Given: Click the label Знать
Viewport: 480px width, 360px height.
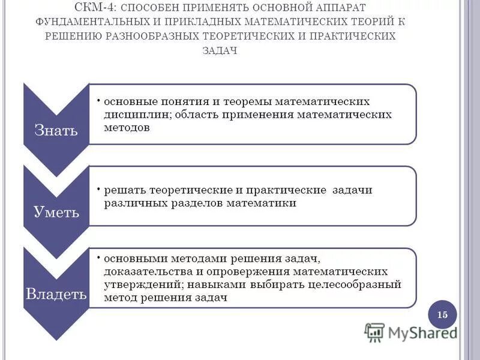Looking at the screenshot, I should [55, 130].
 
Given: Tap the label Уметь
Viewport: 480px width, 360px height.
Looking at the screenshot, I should [56, 212].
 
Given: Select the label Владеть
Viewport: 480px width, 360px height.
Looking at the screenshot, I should [55, 295].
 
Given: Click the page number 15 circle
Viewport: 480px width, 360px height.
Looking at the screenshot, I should [443, 315].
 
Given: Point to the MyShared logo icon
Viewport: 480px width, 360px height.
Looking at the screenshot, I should [374, 332].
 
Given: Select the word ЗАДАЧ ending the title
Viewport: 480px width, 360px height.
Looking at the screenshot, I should [221, 50].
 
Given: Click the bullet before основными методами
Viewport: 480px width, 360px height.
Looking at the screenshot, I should [98, 257].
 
